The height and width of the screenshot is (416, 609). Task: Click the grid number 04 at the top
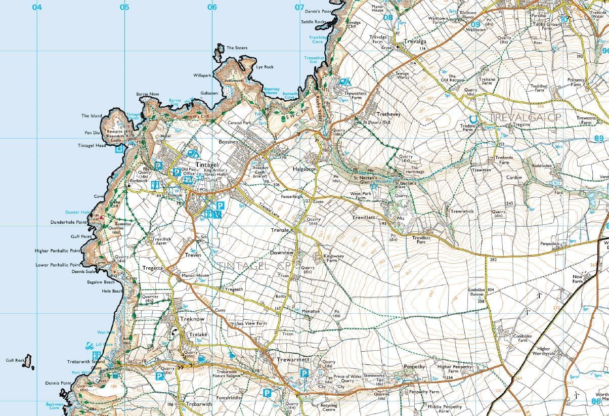[x=37, y=7]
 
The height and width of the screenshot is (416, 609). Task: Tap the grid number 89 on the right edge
[x=599, y=138]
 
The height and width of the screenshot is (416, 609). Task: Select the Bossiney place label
[x=228, y=142]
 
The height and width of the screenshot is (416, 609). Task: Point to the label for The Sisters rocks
[x=237, y=48]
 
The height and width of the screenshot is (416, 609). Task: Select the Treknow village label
[x=192, y=319]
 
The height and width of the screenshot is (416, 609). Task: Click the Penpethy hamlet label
[x=416, y=366]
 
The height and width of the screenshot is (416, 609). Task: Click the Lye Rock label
[x=265, y=67]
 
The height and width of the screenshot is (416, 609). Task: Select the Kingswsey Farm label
[x=333, y=258]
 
